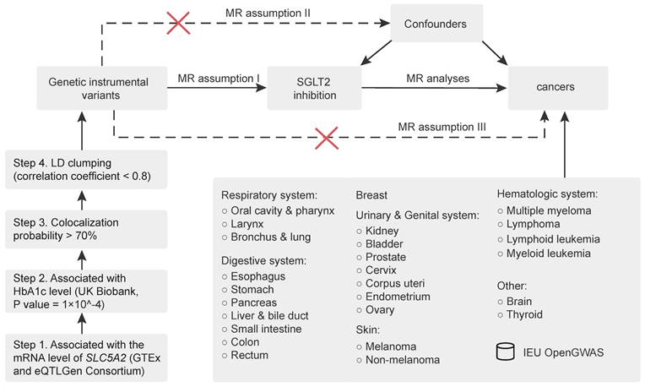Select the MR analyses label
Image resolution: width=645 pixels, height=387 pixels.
pyautogui.click(x=437, y=79)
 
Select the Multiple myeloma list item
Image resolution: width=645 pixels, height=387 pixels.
pyautogui.click(x=549, y=210)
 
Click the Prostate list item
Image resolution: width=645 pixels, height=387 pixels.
pyautogui.click(x=386, y=257)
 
